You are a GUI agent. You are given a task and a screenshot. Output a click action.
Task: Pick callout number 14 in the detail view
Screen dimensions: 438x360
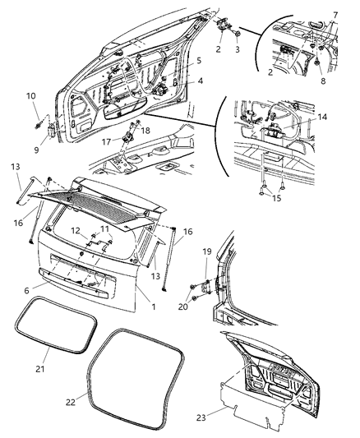321,118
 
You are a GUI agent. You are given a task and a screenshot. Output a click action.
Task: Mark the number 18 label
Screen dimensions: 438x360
146,130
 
